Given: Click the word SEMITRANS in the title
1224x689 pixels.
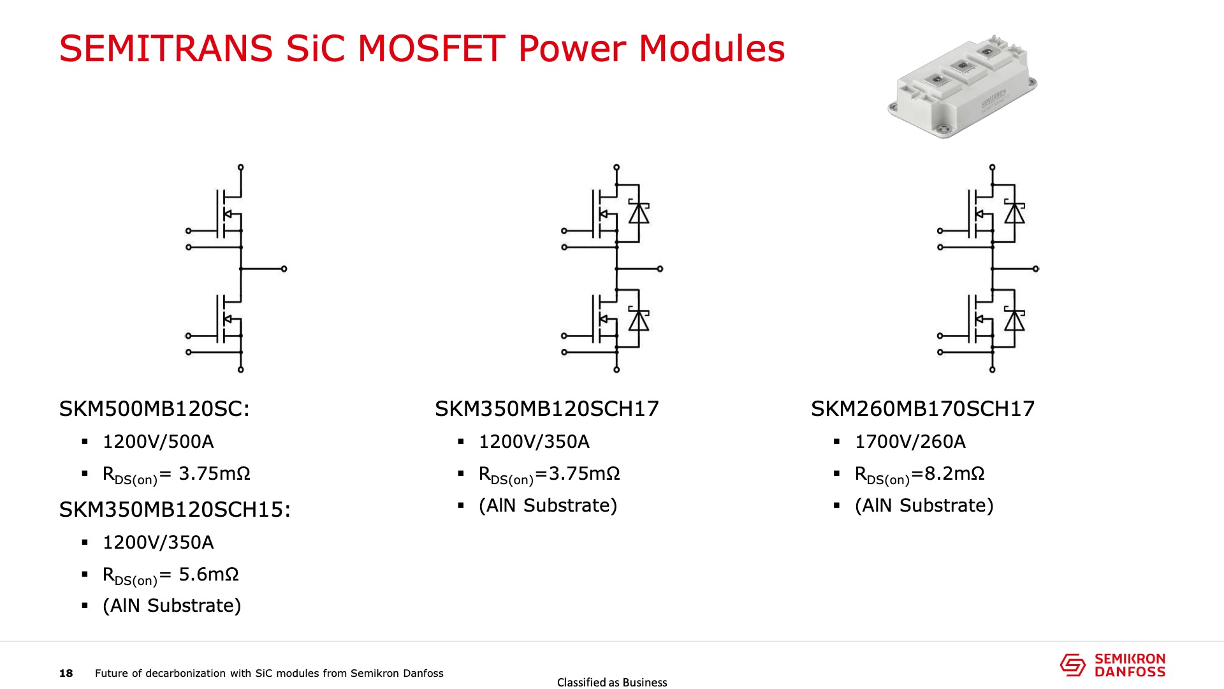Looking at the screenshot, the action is (166, 48).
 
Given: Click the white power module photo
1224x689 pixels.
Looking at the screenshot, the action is (963, 86).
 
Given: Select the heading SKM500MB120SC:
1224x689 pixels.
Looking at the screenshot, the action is (154, 409).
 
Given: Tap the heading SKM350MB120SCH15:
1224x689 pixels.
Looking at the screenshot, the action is (175, 510).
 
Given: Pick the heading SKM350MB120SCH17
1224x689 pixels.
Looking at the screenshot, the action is (547, 409).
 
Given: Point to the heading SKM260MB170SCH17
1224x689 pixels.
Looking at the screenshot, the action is (922, 409).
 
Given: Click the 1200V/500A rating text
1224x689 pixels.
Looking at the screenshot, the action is (158, 441).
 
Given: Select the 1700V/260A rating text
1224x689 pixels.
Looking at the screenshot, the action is (910, 441).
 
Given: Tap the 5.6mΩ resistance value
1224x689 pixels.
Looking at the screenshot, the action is (208, 574).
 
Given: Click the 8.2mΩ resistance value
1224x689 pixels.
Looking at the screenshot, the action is (954, 473).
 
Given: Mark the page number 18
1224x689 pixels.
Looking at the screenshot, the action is (66, 673).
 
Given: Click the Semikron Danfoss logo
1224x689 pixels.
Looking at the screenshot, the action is (1112, 665).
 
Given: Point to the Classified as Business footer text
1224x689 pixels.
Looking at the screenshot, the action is (612, 683).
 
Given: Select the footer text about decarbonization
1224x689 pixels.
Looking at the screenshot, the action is (269, 673).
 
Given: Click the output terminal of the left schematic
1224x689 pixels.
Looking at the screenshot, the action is (284, 269).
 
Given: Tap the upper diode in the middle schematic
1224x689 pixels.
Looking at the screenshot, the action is (639, 213).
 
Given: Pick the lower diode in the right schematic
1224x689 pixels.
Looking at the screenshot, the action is (1014, 320).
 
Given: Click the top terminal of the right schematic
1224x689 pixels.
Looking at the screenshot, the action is (992, 167).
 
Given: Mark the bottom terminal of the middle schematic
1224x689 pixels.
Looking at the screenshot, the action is (616, 369).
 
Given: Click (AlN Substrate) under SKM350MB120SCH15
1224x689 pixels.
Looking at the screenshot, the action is (172, 605).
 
